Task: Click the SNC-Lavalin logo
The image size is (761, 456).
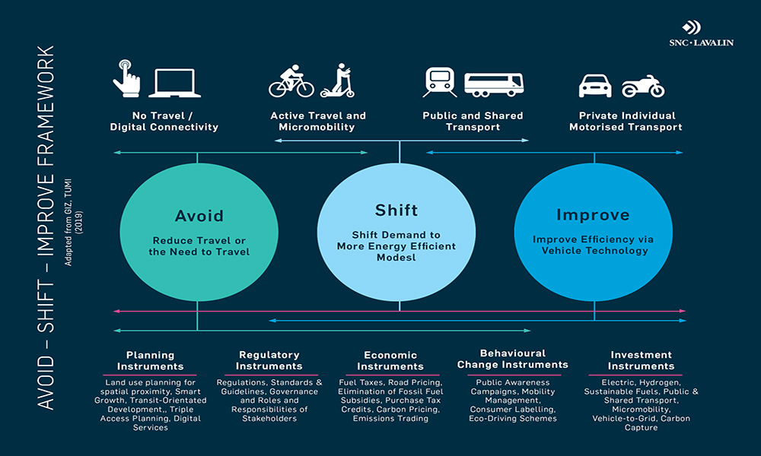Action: [708, 34]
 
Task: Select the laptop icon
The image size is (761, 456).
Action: [174, 83]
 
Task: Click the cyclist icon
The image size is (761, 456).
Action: [291, 81]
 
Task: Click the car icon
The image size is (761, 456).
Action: [595, 85]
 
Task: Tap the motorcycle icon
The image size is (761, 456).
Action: [643, 86]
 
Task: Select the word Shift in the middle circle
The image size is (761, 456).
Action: [396, 210]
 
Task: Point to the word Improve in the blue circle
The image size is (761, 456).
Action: [593, 215]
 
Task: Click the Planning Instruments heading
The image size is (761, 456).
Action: [150, 360]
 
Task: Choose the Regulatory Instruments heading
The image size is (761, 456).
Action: [269, 360]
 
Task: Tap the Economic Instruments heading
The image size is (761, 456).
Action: [390, 360]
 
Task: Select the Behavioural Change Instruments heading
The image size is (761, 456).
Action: [513, 359]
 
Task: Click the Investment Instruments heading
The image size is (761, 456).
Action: [641, 360]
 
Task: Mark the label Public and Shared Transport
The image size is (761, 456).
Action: [473, 122]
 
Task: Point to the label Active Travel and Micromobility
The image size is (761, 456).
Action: [318, 122]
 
